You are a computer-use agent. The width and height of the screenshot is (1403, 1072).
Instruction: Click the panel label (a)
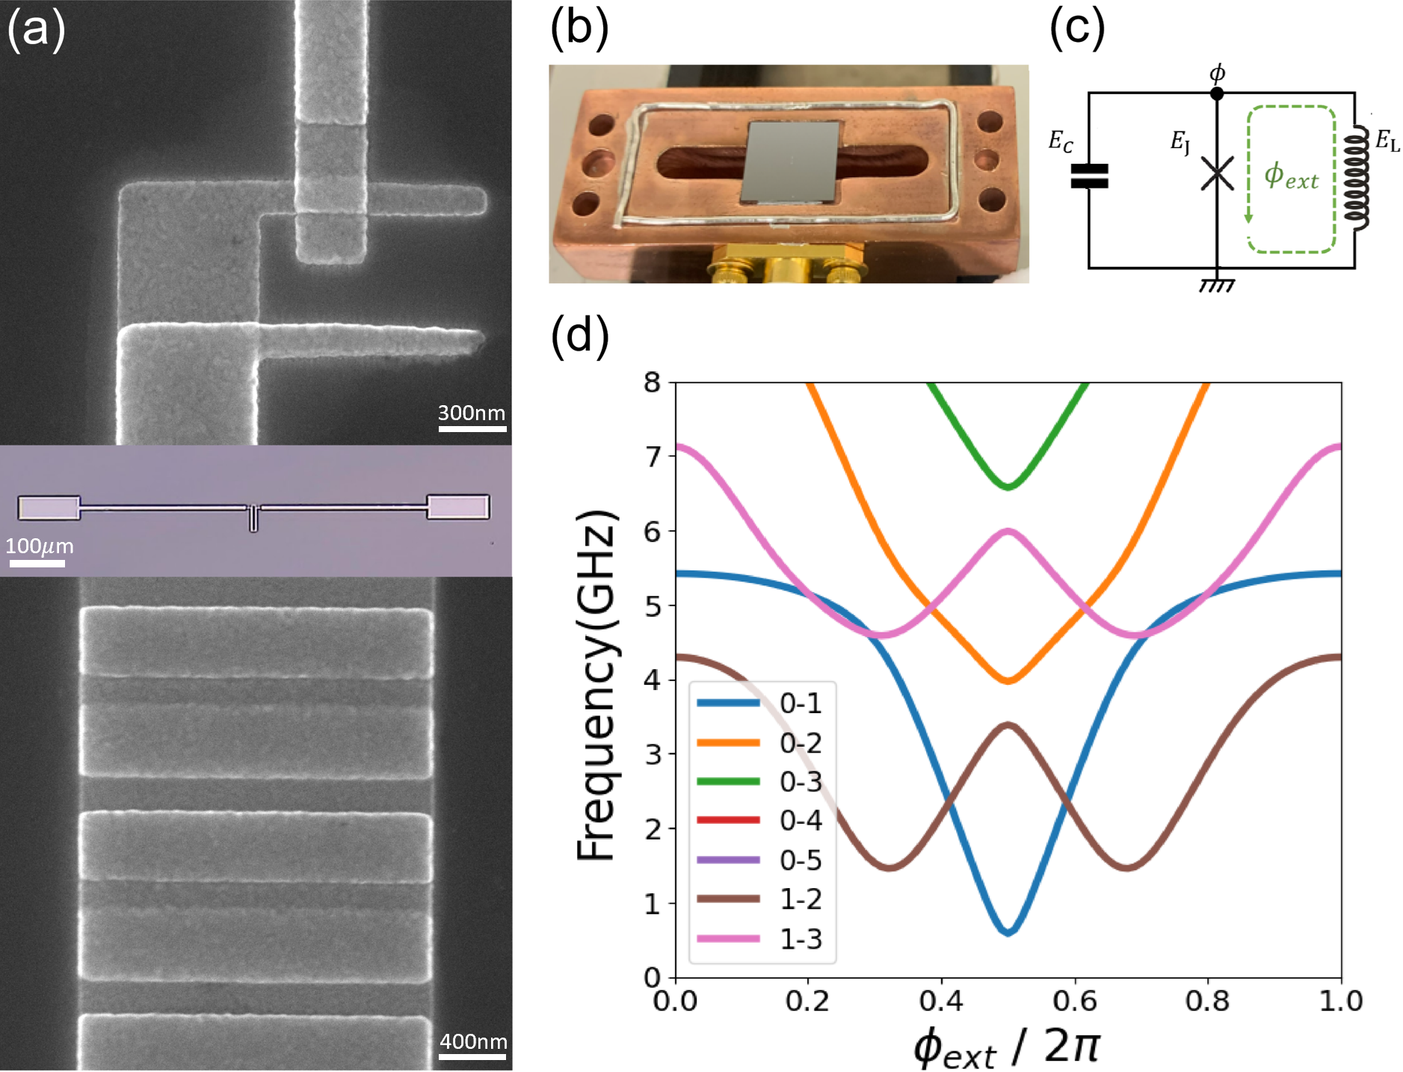point(36,30)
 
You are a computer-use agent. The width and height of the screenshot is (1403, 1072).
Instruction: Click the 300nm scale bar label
point(471,413)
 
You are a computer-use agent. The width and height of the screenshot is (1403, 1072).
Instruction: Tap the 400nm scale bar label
point(473,1041)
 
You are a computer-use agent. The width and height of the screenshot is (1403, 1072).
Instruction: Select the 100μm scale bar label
point(39,546)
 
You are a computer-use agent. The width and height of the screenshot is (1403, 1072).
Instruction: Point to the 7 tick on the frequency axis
point(653,457)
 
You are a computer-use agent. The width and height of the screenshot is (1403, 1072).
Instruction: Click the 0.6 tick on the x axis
point(1074,1000)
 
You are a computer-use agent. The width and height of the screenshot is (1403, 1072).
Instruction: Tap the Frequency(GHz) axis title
point(597,685)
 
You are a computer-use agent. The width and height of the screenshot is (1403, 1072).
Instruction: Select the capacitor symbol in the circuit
point(1089,176)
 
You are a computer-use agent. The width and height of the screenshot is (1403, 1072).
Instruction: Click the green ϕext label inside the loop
point(1291,176)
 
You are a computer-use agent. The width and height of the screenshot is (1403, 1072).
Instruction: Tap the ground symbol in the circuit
point(1217,285)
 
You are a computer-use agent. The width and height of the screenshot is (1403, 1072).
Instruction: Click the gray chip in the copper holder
point(791,161)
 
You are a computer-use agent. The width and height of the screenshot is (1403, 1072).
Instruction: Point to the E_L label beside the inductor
point(1387,141)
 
